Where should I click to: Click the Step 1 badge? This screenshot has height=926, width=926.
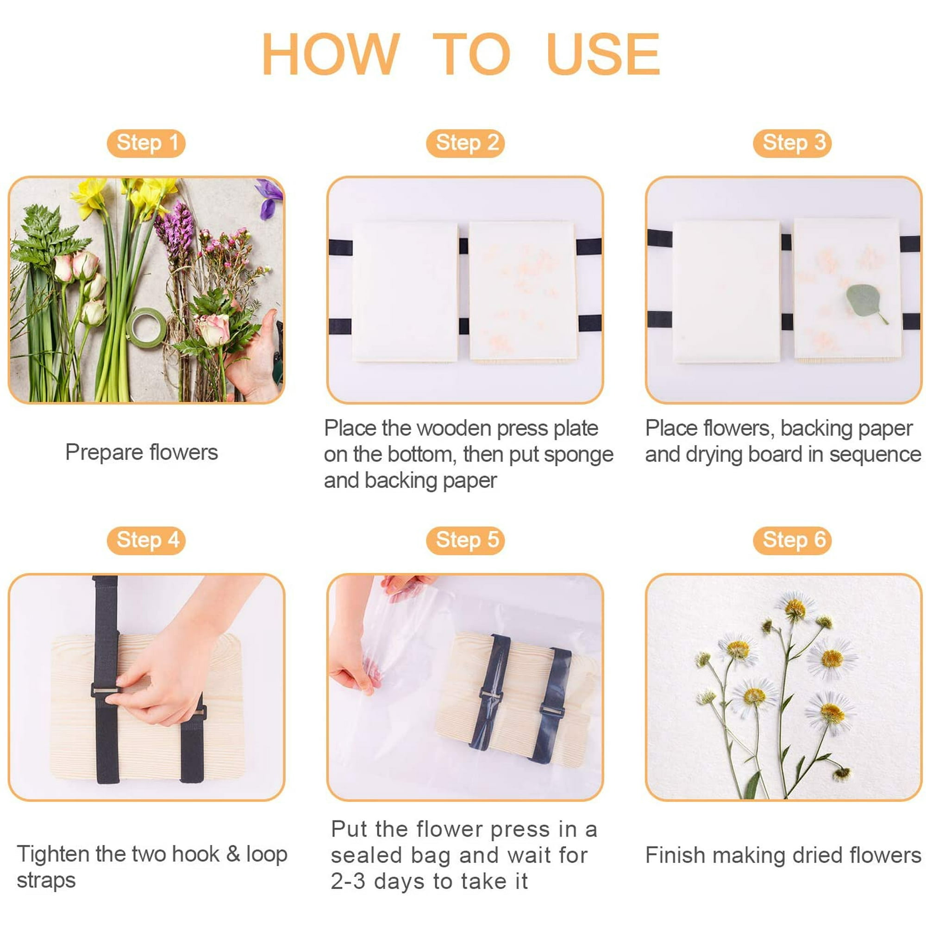(146, 143)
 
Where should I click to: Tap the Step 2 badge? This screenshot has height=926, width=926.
(465, 143)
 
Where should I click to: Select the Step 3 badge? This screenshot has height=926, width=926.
(792, 143)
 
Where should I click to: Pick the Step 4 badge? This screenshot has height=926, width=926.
(146, 540)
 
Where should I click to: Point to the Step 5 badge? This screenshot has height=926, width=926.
(465, 540)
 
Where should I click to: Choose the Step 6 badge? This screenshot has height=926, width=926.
(792, 540)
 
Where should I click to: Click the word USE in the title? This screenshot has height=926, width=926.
(603, 54)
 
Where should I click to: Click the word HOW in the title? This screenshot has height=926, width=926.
(331, 54)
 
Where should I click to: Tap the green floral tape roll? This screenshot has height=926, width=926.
(147, 328)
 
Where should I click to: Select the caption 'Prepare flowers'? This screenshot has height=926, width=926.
(141, 452)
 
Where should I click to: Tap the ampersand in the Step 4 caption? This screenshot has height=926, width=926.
(233, 854)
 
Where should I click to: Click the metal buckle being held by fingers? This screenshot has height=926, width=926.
(105, 691)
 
